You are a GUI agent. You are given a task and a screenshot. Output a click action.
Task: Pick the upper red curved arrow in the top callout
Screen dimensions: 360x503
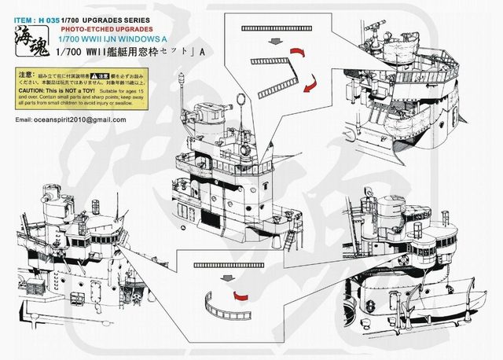[x=297, y=53]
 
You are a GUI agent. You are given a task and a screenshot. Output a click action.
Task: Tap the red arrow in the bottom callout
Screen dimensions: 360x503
[x=241, y=296]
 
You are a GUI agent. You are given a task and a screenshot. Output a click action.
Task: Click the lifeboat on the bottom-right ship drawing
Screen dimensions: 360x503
[x=444, y=299]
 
